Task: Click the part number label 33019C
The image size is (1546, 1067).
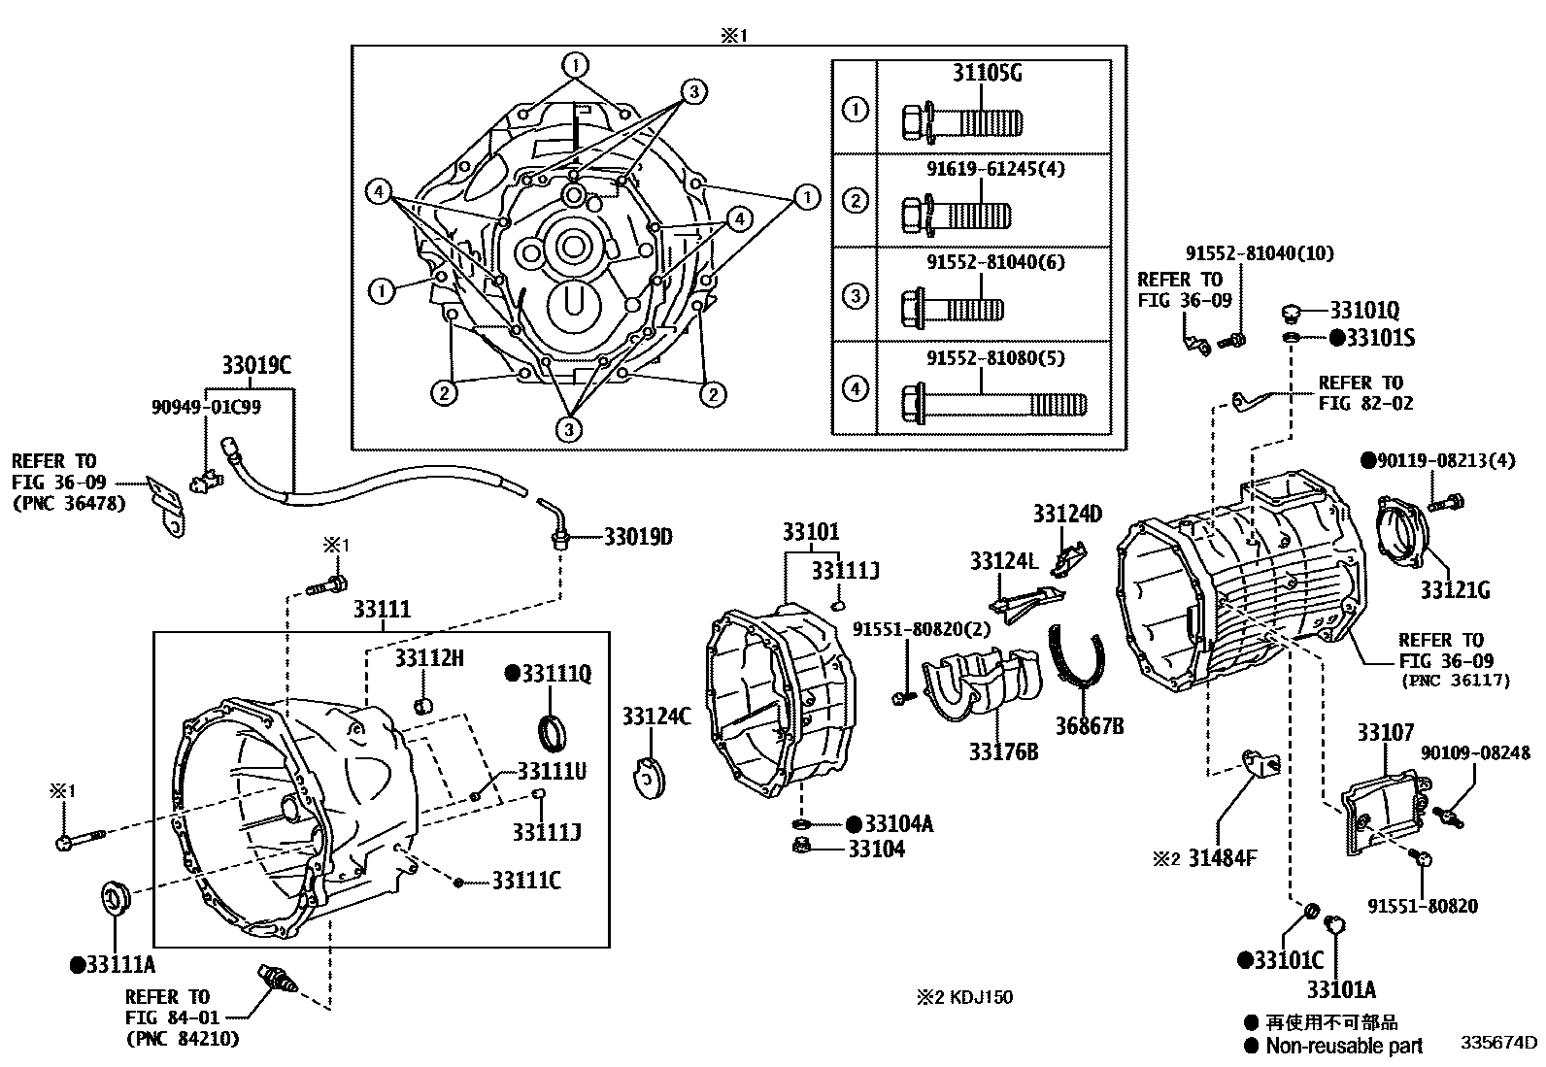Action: tap(255, 365)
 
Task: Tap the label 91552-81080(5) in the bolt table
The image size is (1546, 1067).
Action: tap(981, 357)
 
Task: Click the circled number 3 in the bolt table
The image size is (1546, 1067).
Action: tap(855, 295)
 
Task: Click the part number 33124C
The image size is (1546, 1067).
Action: tap(656, 717)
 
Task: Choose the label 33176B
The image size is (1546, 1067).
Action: tap(1002, 750)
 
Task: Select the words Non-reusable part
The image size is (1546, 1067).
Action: tap(1344, 1046)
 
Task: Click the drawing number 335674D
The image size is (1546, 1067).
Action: tap(1498, 1043)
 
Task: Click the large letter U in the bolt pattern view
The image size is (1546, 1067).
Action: tap(572, 304)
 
